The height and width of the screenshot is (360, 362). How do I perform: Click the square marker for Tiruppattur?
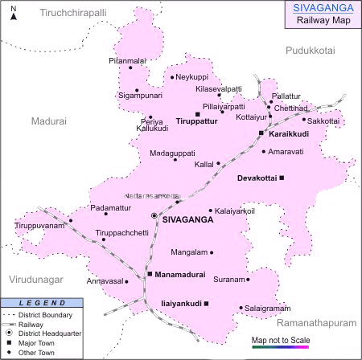coord(197,114)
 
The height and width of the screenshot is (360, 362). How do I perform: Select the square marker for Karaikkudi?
coord(261,133)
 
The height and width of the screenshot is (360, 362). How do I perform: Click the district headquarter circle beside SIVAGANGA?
coord(154,216)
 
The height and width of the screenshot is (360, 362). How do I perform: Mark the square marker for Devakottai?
coord(282,177)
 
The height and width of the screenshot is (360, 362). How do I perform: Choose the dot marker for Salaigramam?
coord(241,307)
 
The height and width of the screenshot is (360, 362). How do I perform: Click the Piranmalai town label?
coord(128,60)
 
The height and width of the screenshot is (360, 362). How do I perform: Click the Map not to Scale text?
coord(279,340)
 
